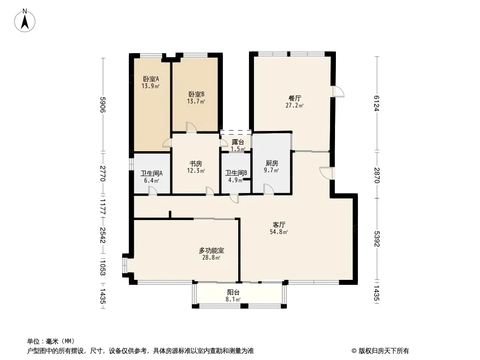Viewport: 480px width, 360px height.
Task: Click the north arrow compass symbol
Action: pos(25,21)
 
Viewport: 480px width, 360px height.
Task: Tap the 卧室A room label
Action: pos(151,79)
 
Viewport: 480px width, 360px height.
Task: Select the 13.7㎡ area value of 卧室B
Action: pos(196,101)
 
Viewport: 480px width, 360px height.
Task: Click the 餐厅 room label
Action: pos(294,99)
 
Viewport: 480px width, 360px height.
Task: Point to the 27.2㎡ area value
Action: pos(294,105)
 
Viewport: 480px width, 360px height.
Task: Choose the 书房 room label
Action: pos(196,164)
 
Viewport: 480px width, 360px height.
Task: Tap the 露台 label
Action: pos(238,142)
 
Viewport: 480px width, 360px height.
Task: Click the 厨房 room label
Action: pos(272,163)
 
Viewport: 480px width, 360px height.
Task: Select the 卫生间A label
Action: pos(152,173)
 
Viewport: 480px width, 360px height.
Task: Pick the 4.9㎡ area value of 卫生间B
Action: pos(235,180)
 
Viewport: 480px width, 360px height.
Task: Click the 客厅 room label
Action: pos(279,225)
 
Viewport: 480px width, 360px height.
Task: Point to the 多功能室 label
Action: pos(212,251)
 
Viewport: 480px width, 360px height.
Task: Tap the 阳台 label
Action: pos(233,292)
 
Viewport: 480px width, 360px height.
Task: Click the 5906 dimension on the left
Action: pos(103,105)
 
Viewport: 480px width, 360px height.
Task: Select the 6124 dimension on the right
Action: pos(376,103)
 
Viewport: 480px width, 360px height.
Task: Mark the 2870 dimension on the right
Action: pos(376,175)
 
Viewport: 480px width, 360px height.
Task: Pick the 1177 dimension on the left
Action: pos(103,207)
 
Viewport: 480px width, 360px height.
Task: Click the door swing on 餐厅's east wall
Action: pos(339,91)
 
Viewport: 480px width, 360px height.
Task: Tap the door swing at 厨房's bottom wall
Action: pos(268,189)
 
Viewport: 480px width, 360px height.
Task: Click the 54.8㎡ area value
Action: pos(279,232)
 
